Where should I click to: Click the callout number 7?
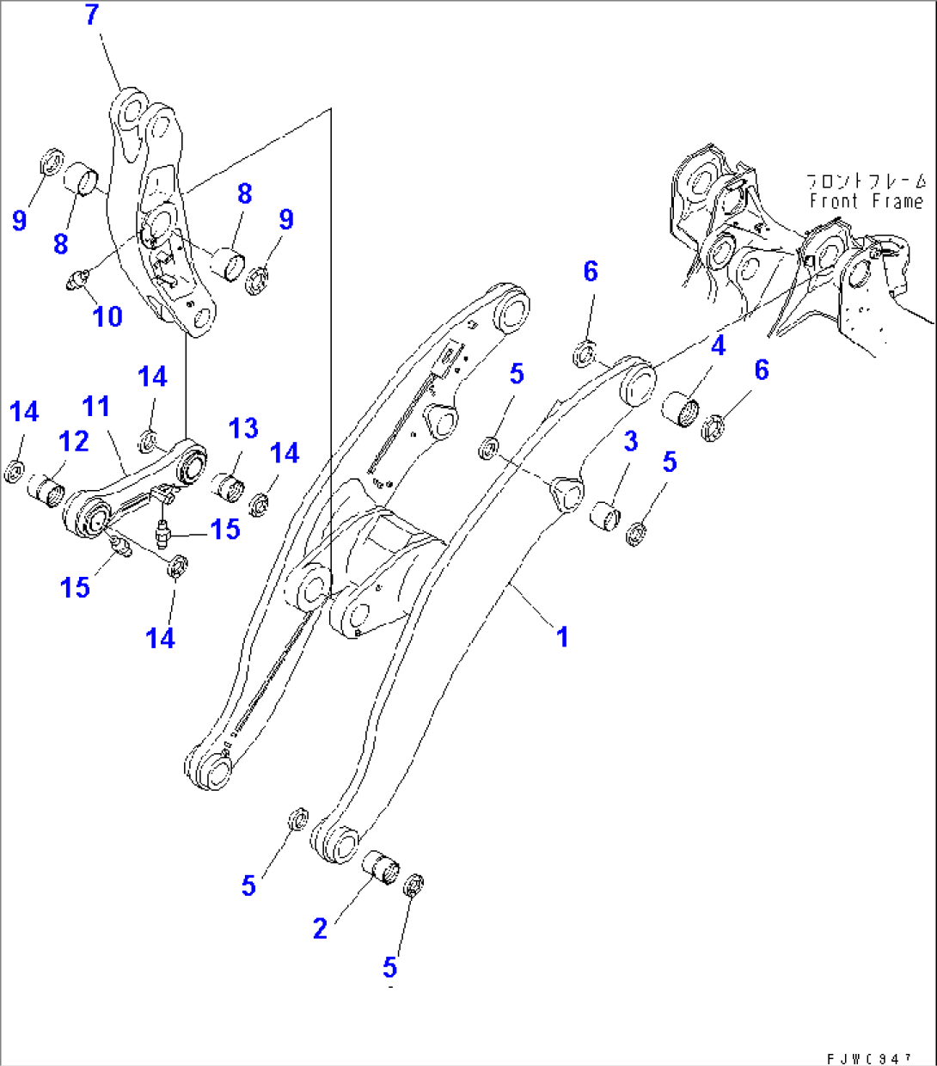(x=92, y=15)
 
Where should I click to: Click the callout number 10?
(x=107, y=316)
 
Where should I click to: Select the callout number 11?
(x=96, y=406)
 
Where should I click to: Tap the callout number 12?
(x=74, y=441)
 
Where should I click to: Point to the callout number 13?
(x=243, y=427)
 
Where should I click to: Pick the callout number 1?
(x=562, y=637)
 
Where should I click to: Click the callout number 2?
(x=320, y=928)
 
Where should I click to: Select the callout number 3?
(x=630, y=442)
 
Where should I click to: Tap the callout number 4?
(x=718, y=346)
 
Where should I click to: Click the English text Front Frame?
(x=866, y=201)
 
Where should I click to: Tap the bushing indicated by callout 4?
(x=683, y=407)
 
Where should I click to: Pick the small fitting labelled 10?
(x=78, y=279)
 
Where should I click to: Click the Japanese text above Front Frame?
(x=866, y=181)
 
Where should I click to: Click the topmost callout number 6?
(x=591, y=272)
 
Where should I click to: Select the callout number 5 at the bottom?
(x=389, y=968)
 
